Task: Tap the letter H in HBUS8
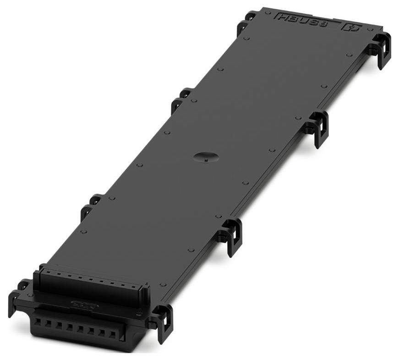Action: coord(281,17)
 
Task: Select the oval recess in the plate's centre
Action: coord(204,157)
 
